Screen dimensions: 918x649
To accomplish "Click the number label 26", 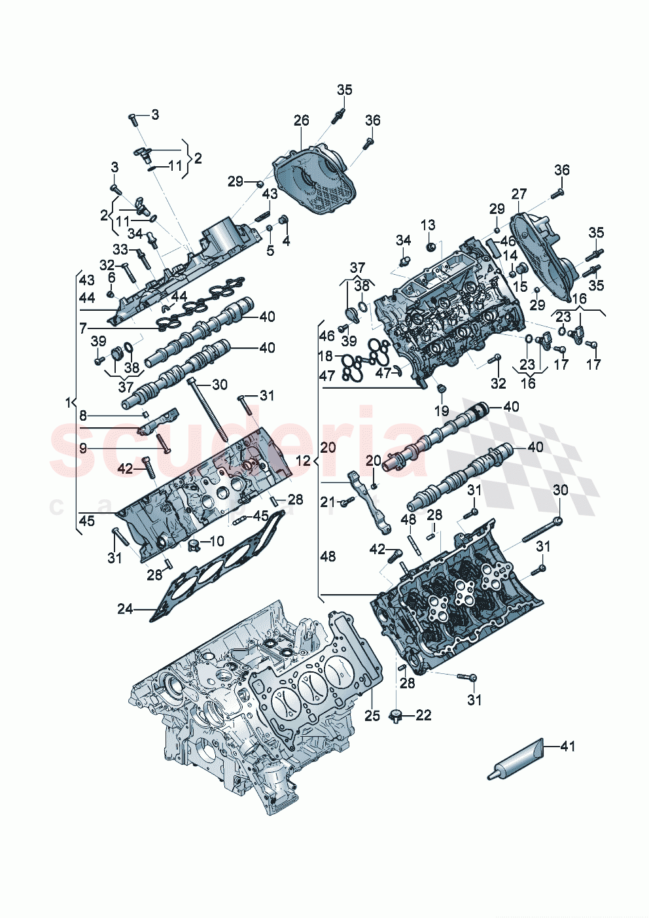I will tap(301, 120).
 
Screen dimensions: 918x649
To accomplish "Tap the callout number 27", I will tap(519, 194).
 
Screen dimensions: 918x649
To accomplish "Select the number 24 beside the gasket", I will tap(125, 609).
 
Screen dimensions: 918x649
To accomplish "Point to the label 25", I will tap(372, 716).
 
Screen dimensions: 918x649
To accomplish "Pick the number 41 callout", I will tap(568, 746).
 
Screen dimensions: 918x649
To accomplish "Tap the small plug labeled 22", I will tap(395, 715).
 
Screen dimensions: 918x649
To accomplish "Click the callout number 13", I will tap(428, 226).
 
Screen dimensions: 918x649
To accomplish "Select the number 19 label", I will tap(442, 411).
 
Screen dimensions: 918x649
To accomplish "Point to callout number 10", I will tap(216, 541).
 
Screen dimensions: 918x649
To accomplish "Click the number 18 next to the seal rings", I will tap(326, 357).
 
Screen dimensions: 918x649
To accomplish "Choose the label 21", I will tap(328, 502).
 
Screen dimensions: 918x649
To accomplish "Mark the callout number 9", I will tap(83, 448).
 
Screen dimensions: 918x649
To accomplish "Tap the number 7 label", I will tap(83, 327).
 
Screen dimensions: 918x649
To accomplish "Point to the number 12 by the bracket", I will tap(303, 461).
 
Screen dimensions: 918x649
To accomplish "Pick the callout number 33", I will tap(120, 249).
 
